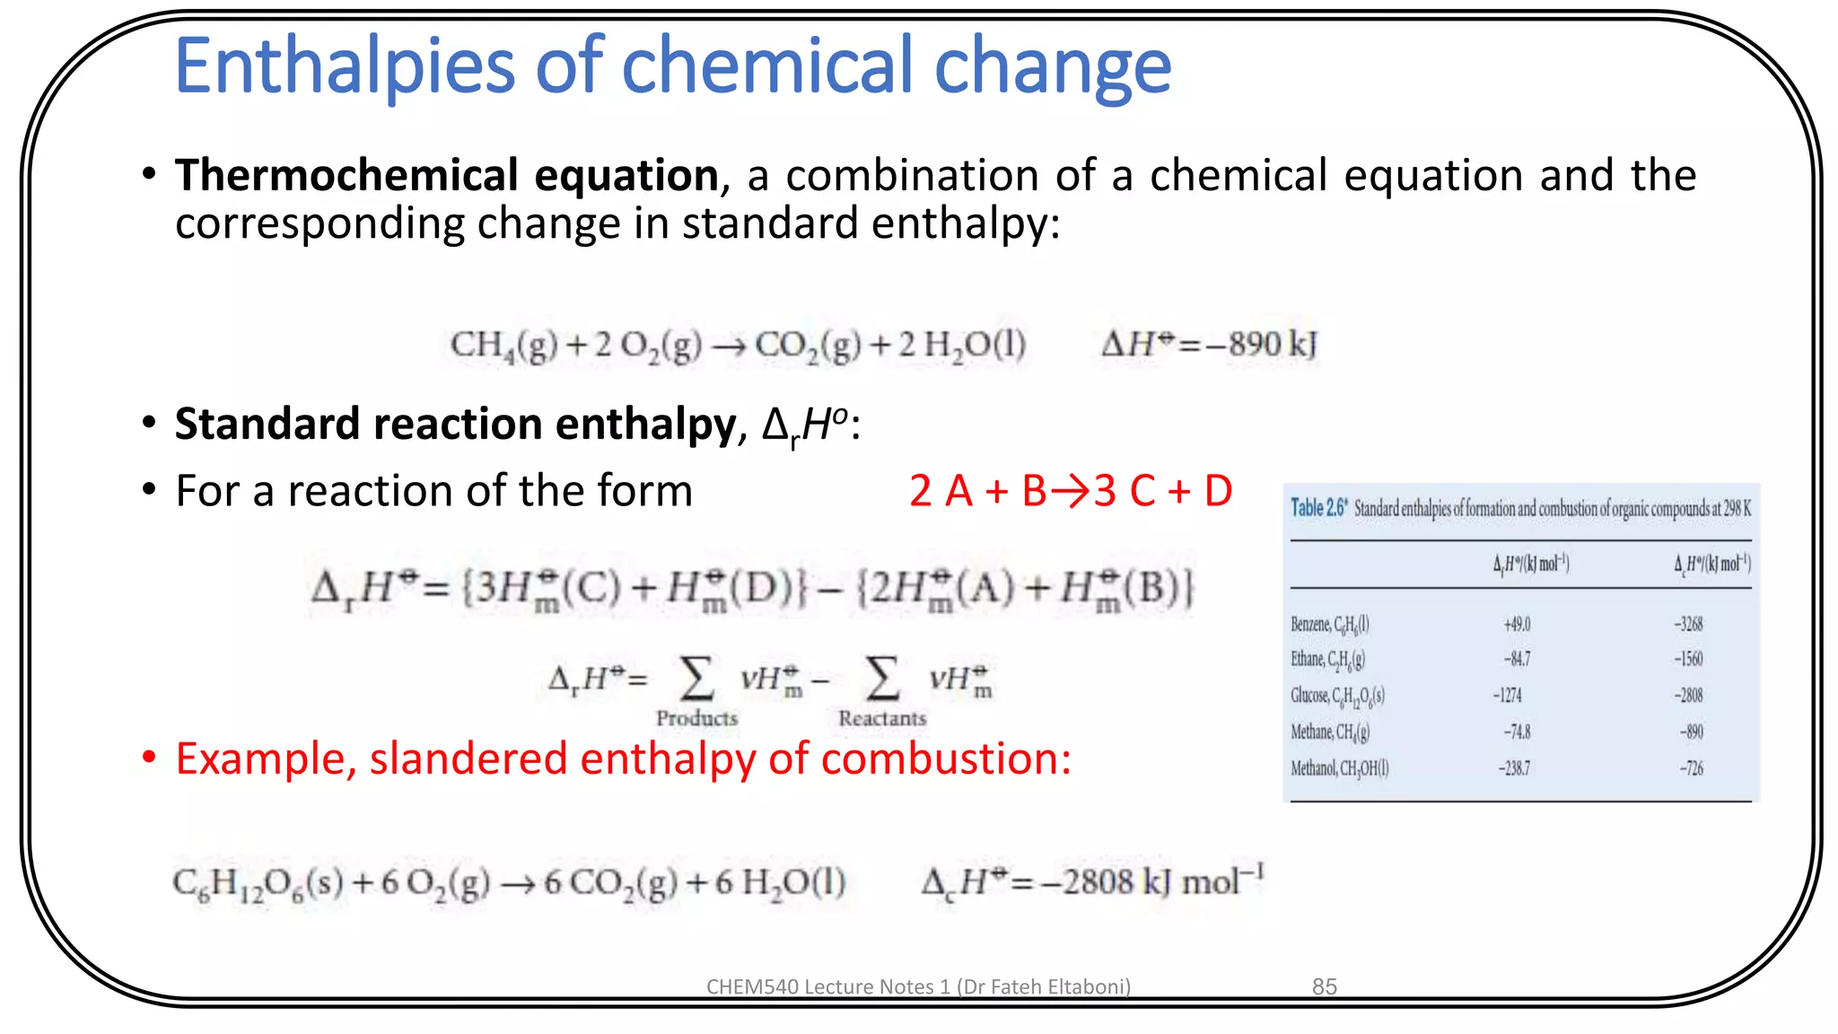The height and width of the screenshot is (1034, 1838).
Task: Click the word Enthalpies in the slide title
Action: coord(345,66)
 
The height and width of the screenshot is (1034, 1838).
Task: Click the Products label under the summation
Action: coord(696,718)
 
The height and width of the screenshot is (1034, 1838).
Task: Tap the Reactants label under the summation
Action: coord(882,718)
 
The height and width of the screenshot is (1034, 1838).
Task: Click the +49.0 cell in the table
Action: coord(1517,625)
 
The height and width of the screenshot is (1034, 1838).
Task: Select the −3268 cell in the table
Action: coord(1688,625)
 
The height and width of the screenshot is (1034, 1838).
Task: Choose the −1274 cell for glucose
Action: coord(1508,696)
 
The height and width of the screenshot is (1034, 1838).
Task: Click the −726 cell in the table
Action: coord(1692,768)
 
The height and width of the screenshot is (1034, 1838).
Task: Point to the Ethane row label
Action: coord(1327,660)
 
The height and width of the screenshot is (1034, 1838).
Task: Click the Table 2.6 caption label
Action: coord(1318,508)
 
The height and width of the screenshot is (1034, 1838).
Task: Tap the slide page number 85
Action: coord(1325,986)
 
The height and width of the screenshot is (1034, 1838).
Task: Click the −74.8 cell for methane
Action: coord(1517,732)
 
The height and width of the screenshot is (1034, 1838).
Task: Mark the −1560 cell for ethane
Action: coord(1688,660)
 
